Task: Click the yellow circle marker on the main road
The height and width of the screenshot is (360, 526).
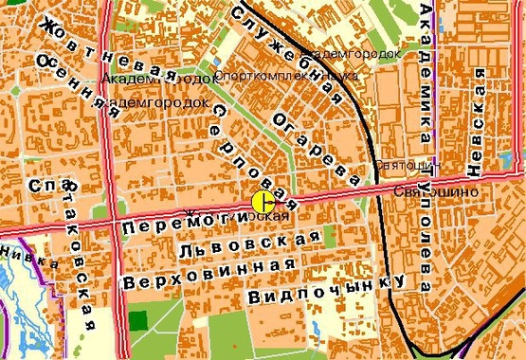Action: (263, 201)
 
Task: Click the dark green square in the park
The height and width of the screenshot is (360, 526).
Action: (139, 319)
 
